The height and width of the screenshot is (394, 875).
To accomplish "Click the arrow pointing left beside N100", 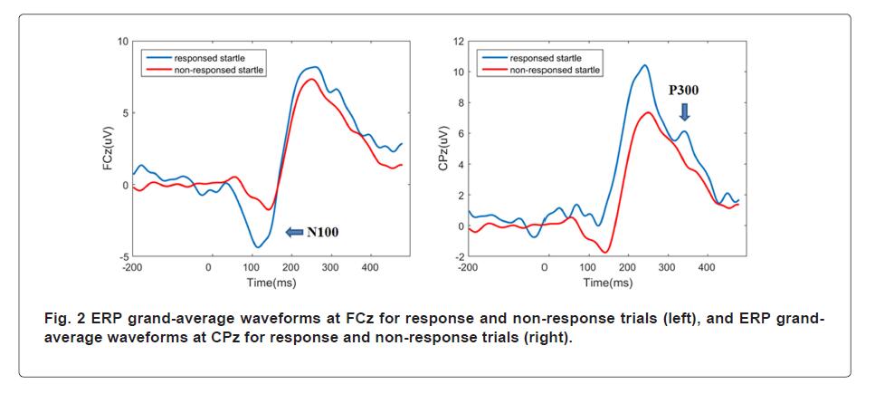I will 295,232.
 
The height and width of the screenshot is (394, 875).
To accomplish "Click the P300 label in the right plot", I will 683,91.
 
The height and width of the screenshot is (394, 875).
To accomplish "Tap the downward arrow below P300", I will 684,111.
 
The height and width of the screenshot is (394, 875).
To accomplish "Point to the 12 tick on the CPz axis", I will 459,42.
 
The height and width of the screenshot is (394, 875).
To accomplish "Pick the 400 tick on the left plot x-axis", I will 369,268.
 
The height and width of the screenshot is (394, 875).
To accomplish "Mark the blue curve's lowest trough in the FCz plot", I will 258,246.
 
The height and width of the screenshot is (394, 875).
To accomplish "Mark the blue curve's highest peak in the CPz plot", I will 644,65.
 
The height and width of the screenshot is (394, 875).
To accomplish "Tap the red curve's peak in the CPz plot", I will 648,112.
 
